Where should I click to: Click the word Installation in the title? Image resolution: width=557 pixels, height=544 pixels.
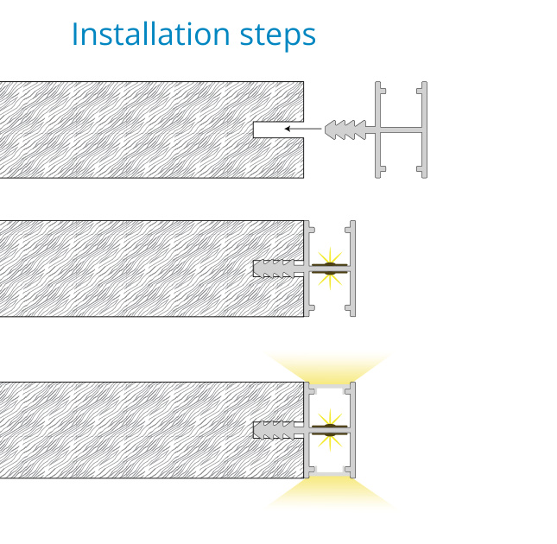(x=151, y=34)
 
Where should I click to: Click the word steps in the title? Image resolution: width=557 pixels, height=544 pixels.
(x=278, y=37)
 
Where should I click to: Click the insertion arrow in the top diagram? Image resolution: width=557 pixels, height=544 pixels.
(x=303, y=129)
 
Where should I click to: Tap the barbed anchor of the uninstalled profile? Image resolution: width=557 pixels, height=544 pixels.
(x=345, y=130)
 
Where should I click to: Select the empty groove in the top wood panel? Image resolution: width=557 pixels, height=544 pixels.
(x=278, y=130)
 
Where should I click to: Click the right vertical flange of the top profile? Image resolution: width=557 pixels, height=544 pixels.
(x=424, y=130)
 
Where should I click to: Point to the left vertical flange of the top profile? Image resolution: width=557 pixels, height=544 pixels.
(x=378, y=130)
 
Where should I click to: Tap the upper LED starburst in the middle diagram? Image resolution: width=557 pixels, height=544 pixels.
(x=330, y=256)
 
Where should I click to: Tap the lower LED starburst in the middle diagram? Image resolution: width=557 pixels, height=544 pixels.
(x=330, y=281)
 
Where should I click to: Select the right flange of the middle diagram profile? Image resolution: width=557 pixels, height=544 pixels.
(x=352, y=269)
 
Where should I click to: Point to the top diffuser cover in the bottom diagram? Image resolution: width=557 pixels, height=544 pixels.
(x=330, y=385)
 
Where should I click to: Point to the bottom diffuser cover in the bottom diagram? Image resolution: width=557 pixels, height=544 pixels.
(x=330, y=475)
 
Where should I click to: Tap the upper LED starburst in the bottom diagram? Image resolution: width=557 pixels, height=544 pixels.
(x=330, y=417)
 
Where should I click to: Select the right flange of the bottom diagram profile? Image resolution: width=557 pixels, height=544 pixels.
(x=352, y=430)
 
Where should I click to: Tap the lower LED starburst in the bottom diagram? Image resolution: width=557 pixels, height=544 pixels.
(x=330, y=443)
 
